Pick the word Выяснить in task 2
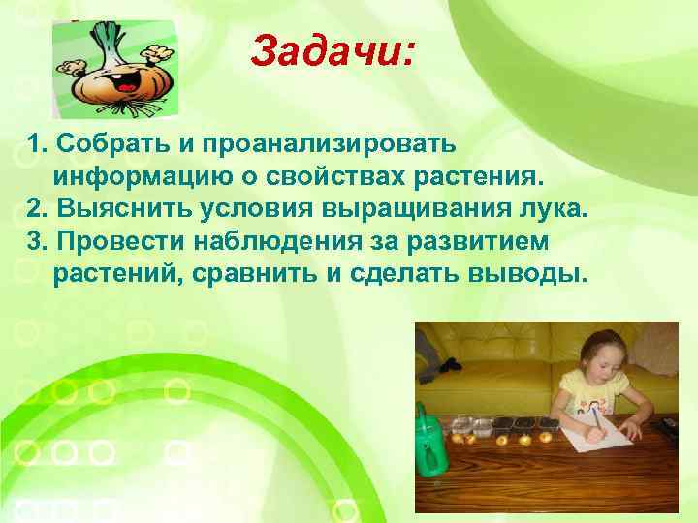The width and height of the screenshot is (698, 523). pyautogui.click(x=116, y=210)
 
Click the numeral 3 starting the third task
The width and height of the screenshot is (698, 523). pyautogui.click(x=37, y=242)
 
